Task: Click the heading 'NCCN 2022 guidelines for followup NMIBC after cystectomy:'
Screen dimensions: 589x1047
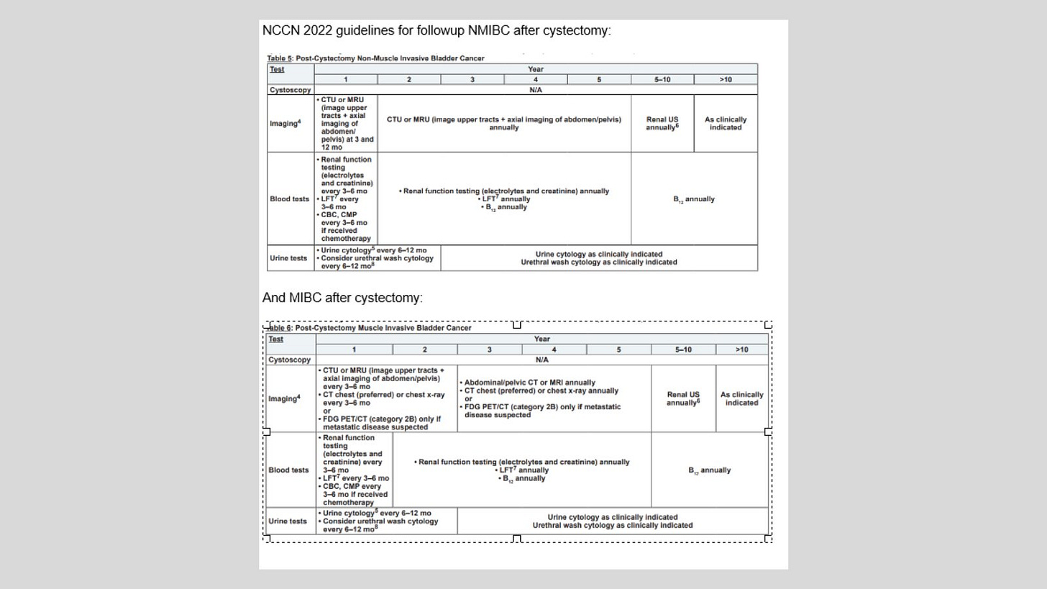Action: click(x=436, y=31)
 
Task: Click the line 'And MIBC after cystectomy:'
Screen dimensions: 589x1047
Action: click(x=342, y=298)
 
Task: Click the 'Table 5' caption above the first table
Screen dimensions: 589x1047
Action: click(x=375, y=58)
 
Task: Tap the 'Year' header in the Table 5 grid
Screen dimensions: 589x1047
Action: click(x=535, y=69)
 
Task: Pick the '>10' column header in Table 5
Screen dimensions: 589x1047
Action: click(x=725, y=79)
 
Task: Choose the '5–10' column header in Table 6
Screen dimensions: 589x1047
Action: click(x=683, y=350)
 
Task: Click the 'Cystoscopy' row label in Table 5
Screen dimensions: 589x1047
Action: click(x=290, y=90)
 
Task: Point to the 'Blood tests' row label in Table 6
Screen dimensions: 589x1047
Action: click(x=288, y=470)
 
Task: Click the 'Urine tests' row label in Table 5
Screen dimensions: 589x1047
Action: click(x=288, y=258)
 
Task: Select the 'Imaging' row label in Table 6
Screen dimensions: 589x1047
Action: click(x=285, y=398)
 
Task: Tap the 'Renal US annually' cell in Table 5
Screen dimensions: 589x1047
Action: click(x=662, y=123)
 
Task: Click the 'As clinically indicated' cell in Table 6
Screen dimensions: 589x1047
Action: click(x=741, y=398)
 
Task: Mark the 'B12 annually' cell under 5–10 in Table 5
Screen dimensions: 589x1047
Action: click(x=694, y=199)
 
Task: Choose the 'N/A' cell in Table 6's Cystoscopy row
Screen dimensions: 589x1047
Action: click(x=541, y=360)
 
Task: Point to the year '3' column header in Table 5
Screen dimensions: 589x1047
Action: click(x=472, y=79)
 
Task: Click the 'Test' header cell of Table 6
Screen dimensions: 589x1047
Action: click(x=276, y=339)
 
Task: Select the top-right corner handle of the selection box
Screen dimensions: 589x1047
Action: click(x=768, y=325)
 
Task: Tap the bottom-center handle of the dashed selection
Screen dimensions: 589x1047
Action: click(x=516, y=538)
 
